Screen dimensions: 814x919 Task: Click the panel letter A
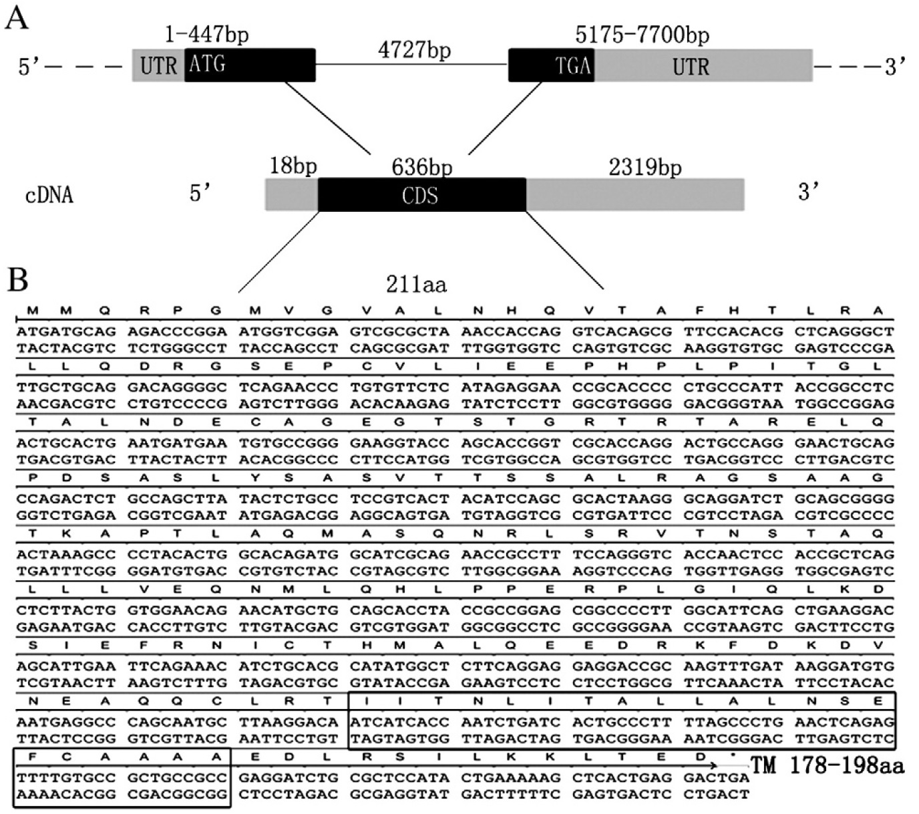point(17,18)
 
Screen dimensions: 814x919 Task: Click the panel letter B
point(17,280)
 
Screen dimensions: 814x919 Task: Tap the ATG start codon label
point(207,65)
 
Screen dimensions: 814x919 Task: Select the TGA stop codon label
point(572,65)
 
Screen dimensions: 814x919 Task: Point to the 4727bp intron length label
point(414,50)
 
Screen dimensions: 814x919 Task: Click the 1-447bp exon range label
point(206,34)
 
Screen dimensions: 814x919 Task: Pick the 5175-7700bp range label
point(642,34)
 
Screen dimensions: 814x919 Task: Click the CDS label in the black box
point(420,195)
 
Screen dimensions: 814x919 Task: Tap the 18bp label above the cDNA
point(293,165)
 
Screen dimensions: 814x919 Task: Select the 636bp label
point(421,166)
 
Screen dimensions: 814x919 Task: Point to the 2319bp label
point(645,166)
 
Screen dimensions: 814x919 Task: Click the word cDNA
point(49,195)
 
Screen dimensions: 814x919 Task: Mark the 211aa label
point(416,285)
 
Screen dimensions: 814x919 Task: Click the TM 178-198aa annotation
point(828,765)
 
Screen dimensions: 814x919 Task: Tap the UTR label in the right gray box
point(691,66)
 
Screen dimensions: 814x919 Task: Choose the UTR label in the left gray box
point(159,65)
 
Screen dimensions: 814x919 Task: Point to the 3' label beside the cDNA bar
point(809,192)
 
